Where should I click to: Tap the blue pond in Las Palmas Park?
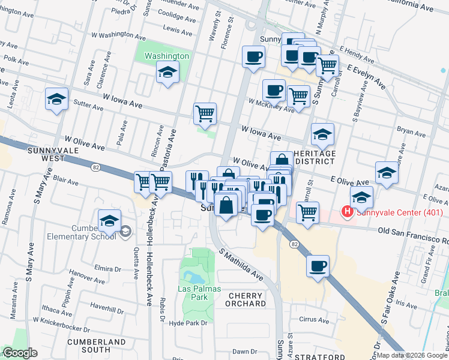click(194, 277)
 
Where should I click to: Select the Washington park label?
click(167, 56)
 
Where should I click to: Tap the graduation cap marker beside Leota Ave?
click(56, 99)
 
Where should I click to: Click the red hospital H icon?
click(346, 212)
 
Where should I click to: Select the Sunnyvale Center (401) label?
click(400, 212)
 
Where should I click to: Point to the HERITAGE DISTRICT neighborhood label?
click(315, 157)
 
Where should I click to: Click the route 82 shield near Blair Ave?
click(96, 167)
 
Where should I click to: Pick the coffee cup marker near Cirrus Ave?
click(318, 266)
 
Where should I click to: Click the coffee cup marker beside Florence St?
click(253, 57)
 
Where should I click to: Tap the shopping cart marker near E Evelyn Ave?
click(327, 66)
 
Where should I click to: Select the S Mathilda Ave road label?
click(241, 266)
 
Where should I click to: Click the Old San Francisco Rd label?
click(414, 234)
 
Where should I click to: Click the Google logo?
click(19, 353)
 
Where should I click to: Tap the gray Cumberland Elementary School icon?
click(125, 230)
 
